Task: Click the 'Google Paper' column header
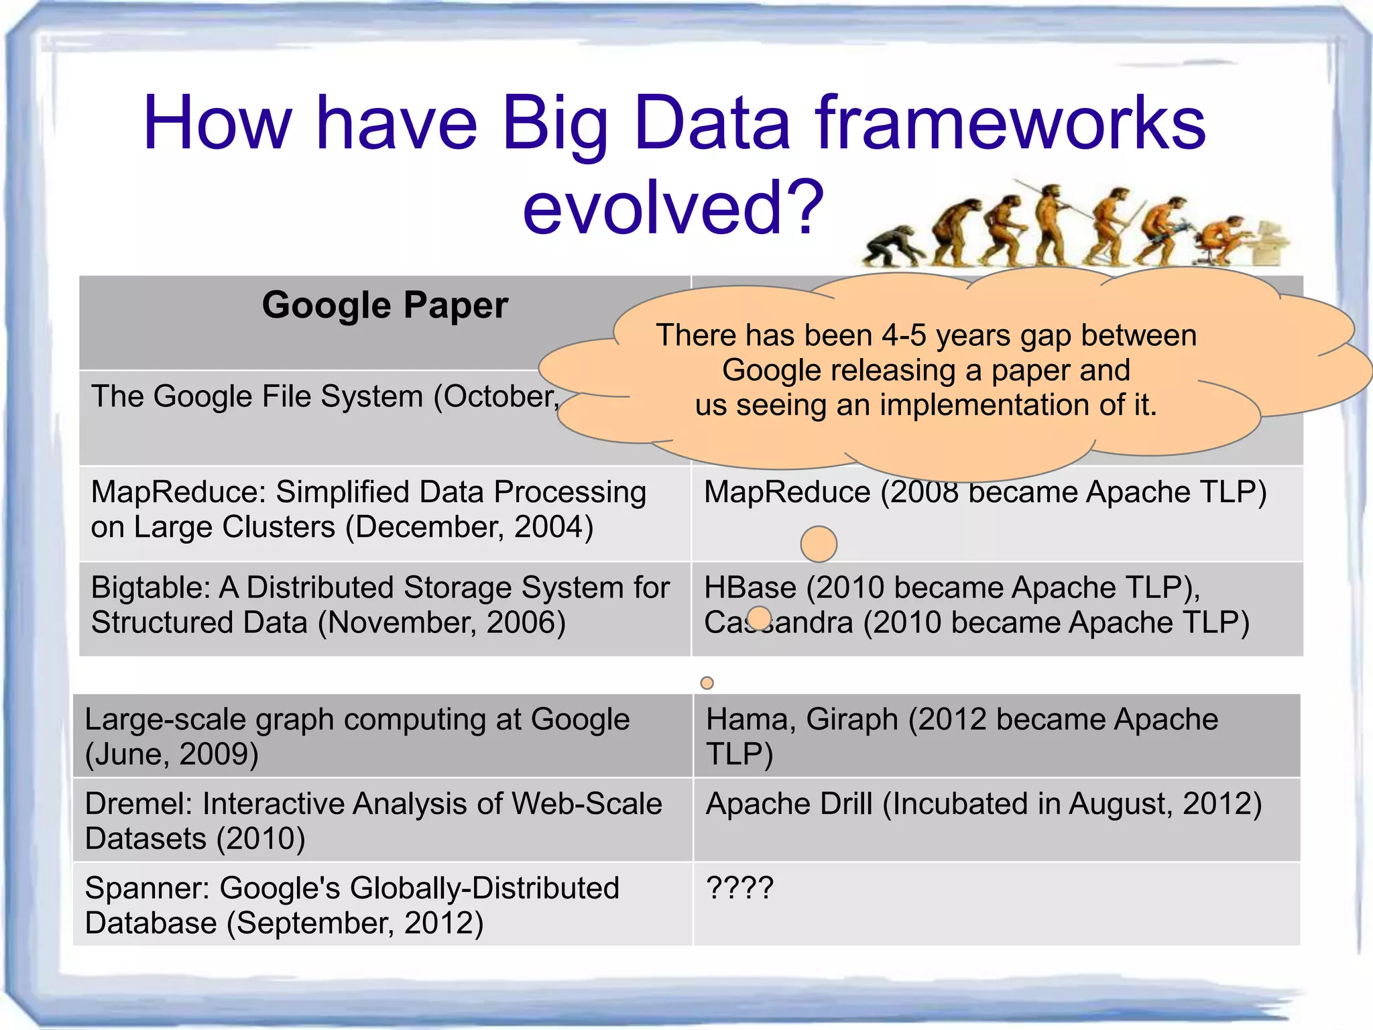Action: (385, 306)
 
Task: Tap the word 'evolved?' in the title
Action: (672, 207)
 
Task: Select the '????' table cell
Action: (740, 888)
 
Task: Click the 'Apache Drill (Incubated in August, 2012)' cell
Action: (983, 804)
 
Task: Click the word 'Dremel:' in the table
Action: (139, 804)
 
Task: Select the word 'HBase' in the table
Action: (750, 588)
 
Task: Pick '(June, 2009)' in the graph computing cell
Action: (172, 754)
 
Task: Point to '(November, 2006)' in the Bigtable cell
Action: (442, 623)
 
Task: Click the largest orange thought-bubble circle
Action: (819, 544)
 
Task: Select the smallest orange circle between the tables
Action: (707, 683)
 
